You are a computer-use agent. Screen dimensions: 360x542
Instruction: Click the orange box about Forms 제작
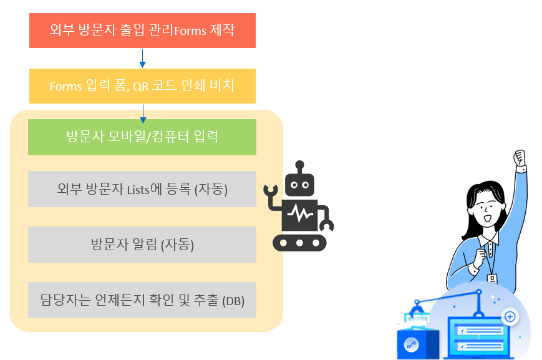142,31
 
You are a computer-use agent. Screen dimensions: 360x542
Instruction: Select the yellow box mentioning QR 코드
142,86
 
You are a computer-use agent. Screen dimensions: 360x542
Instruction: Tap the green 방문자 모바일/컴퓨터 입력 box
142,137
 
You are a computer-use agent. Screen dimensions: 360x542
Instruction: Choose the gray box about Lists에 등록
142,189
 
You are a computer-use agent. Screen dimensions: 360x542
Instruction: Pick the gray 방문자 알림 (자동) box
142,245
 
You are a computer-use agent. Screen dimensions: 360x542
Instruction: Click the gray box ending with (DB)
142,300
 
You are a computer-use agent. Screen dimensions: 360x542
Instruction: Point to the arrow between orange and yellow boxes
143,58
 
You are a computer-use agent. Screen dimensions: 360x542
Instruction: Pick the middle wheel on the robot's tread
300,243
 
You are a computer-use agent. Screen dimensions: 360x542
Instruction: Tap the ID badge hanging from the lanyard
492,280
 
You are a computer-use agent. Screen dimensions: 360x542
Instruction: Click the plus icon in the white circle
510,317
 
